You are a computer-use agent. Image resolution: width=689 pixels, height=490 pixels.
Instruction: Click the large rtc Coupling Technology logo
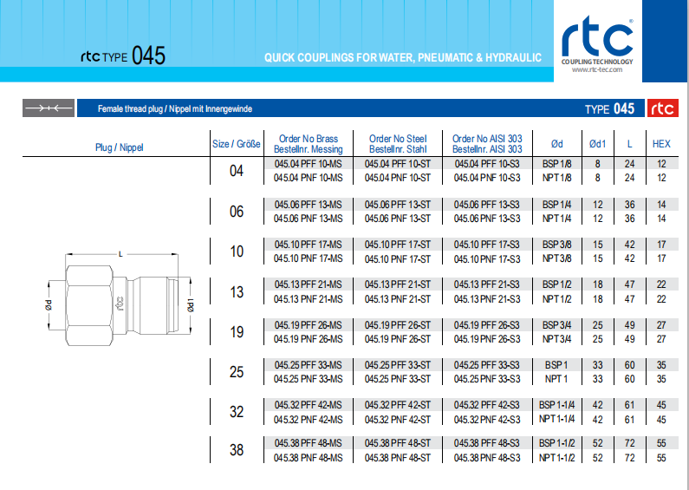pyautogui.click(x=597, y=44)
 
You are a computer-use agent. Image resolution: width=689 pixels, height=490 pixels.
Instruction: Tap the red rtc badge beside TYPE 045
pyautogui.click(x=662, y=108)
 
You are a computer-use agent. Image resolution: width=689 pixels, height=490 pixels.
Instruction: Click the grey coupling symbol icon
pyautogui.click(x=49, y=108)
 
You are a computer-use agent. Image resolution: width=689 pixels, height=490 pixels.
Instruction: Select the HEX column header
pyautogui.click(x=661, y=144)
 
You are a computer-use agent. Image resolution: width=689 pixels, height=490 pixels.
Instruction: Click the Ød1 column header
pyautogui.click(x=597, y=144)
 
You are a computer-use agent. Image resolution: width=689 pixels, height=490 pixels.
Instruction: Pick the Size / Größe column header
pyautogui.click(x=237, y=144)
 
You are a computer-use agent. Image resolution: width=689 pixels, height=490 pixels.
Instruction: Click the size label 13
pyautogui.click(x=237, y=291)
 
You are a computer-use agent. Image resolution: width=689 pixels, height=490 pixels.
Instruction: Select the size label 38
pyautogui.click(x=237, y=449)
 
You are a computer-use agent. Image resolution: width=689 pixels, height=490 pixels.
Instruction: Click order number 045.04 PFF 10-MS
pyautogui.click(x=308, y=164)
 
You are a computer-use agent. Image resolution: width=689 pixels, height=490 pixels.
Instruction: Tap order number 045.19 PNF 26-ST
pyautogui.click(x=398, y=339)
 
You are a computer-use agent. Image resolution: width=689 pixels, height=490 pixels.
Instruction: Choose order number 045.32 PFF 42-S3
pyautogui.click(x=487, y=405)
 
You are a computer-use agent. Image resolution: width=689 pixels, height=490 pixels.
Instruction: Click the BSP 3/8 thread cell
pyautogui.click(x=556, y=245)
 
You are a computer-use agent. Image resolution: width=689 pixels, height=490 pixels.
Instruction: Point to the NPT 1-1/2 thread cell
pyautogui.click(x=556, y=458)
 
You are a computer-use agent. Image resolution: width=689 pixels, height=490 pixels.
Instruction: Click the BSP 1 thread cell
pyautogui.click(x=556, y=365)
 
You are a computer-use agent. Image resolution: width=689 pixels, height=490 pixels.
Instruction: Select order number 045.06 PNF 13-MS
pyautogui.click(x=308, y=219)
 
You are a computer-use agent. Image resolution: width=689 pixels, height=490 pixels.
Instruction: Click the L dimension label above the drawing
pyautogui.click(x=120, y=254)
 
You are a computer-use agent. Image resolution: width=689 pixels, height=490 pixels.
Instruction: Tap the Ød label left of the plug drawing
pyautogui.click(x=49, y=304)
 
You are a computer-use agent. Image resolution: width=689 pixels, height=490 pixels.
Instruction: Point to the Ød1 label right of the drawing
pyautogui.click(x=191, y=304)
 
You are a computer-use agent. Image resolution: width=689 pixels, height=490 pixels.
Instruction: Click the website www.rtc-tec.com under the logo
pyautogui.click(x=597, y=69)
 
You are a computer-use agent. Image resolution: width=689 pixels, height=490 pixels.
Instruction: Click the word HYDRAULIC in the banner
pyautogui.click(x=513, y=57)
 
